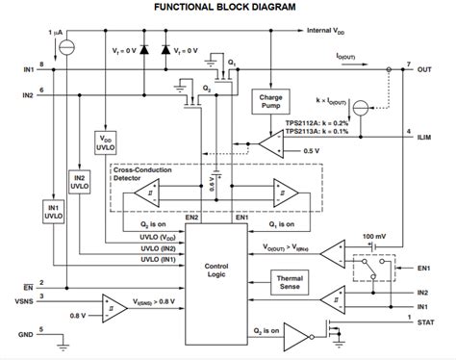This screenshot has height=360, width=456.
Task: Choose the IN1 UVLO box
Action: (53, 211)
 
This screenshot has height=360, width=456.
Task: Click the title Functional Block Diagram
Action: (226, 9)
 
